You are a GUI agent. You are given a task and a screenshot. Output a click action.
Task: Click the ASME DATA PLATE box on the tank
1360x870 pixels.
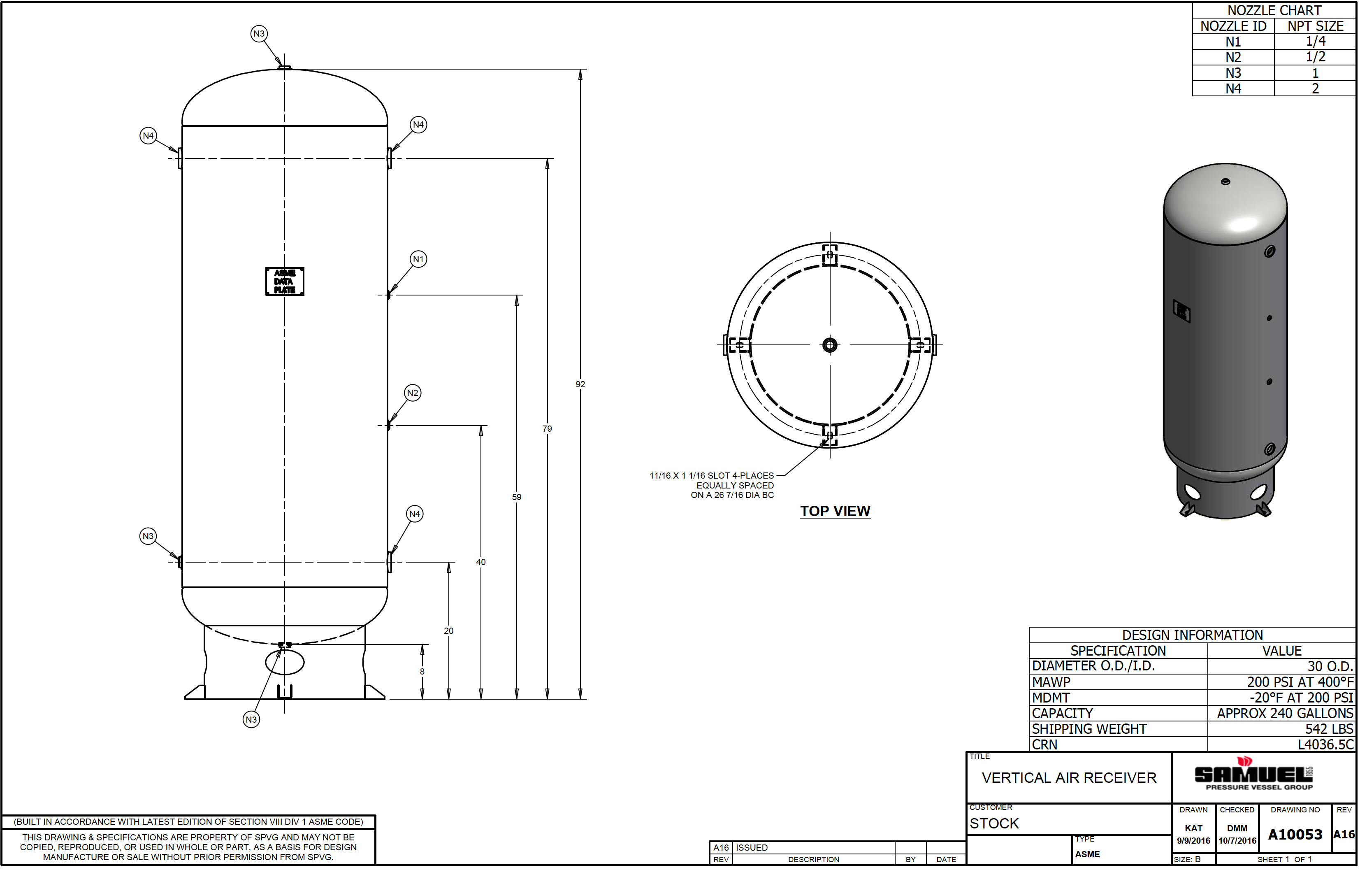coord(285,281)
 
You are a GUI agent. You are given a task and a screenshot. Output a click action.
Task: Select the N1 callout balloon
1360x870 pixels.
coord(418,259)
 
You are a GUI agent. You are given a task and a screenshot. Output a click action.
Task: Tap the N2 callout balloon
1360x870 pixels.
coord(413,393)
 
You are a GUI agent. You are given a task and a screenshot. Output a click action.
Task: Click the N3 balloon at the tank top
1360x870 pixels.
coord(259,34)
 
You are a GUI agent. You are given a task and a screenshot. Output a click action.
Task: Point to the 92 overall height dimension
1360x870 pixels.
coord(580,384)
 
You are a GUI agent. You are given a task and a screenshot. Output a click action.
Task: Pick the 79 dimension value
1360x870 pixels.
coord(547,429)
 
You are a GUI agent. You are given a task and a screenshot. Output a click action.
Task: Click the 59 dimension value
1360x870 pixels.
coord(516,497)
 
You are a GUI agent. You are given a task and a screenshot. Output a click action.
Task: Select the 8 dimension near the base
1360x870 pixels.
coord(422,672)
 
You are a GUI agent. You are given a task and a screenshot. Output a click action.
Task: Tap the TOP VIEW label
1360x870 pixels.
coord(835,511)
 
